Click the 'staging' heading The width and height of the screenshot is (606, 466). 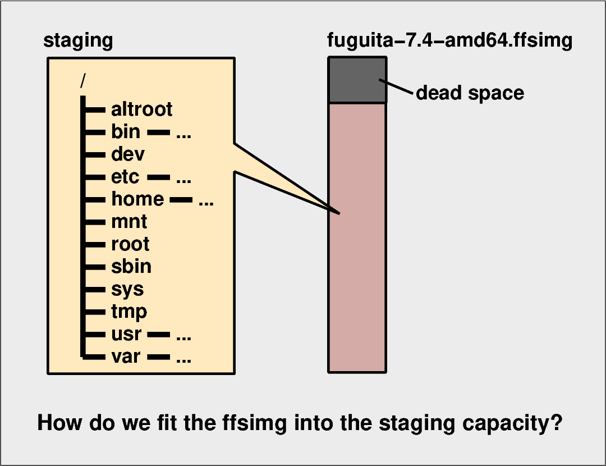point(78,41)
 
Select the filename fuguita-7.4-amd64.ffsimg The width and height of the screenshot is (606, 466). point(449,41)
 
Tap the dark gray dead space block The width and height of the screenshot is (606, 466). point(357,80)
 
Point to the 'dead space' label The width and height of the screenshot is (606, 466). point(470,93)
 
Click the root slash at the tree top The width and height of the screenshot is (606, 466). point(83,81)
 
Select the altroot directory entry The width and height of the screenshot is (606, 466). point(141,109)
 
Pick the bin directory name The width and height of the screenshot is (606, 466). point(126,132)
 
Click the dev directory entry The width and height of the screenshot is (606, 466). point(128,154)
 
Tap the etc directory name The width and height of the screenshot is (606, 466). point(125,177)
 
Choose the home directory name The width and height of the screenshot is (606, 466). point(137,199)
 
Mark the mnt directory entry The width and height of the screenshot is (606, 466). point(129,222)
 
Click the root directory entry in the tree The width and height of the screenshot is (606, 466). point(130,244)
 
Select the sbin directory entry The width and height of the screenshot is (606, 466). point(131,266)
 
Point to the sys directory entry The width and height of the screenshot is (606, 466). point(127,290)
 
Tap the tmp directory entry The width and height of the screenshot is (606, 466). point(129,312)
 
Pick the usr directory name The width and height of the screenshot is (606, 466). point(126,335)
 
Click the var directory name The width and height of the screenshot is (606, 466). point(126,357)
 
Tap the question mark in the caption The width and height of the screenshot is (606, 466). point(555,423)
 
